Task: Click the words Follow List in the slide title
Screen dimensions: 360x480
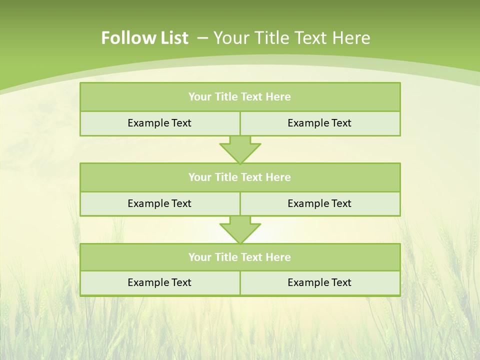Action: coord(144,38)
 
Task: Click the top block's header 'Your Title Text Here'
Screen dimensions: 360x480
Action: coord(239,97)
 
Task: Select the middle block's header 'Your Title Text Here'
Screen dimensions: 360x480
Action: coord(239,177)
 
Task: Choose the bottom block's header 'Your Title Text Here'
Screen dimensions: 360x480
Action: coord(239,257)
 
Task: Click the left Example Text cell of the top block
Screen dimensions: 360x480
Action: coord(159,123)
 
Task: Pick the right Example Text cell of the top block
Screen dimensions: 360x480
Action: coord(319,123)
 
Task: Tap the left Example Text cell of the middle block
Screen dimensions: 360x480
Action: coord(159,203)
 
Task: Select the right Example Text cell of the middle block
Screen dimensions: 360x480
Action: coord(319,203)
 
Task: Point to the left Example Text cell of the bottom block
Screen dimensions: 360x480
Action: coord(159,282)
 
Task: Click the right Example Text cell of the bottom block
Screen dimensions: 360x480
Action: coord(319,282)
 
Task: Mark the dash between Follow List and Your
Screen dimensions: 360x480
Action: coord(202,38)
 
